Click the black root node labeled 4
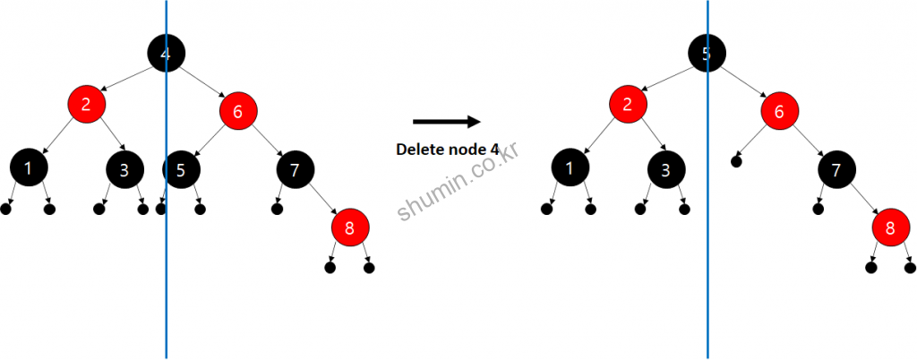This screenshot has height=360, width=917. [166, 54]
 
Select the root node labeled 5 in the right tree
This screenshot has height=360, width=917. [707, 54]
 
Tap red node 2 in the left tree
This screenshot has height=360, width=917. [86, 104]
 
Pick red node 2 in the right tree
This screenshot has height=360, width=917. [628, 104]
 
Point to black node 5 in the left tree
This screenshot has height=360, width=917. [181, 168]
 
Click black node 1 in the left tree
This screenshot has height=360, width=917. [29, 167]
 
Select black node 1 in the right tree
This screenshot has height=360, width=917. [570, 167]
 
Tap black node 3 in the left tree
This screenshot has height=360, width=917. [124, 168]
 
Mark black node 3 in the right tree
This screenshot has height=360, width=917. [666, 168]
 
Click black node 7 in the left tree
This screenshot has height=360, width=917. [295, 168]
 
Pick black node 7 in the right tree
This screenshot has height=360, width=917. [836, 168]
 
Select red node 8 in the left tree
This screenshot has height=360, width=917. [349, 227]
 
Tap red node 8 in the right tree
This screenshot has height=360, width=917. [891, 227]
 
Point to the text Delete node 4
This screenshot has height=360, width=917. [447, 149]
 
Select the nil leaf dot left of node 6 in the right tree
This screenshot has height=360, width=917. [736, 161]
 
